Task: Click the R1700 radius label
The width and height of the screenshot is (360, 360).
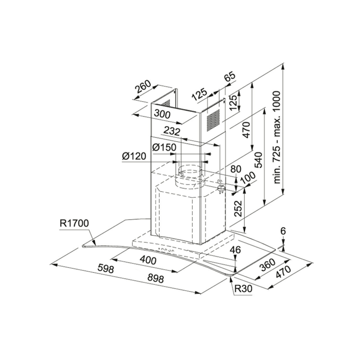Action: point(74,223)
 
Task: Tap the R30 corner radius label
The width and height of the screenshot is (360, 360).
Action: point(243,288)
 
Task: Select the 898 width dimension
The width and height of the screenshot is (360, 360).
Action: point(155,279)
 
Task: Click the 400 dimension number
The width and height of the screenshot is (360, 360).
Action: point(148,260)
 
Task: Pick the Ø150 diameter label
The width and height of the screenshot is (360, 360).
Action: point(164,147)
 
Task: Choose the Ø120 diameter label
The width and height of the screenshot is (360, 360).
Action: point(134,156)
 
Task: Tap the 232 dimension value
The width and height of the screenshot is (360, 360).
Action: point(172,131)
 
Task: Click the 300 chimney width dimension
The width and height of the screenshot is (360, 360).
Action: point(162,114)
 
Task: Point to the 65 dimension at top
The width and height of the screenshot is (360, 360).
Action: point(230,77)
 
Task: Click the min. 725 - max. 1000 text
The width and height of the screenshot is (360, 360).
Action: point(277,137)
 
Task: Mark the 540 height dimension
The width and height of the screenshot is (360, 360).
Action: point(258,160)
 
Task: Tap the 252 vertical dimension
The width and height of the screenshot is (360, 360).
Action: point(238,208)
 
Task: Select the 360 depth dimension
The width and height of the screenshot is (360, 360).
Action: point(267,265)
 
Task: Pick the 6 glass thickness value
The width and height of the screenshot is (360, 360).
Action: point(283,231)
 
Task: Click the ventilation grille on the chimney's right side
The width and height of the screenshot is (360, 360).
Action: point(213,120)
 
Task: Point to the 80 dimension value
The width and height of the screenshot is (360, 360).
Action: point(236,169)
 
